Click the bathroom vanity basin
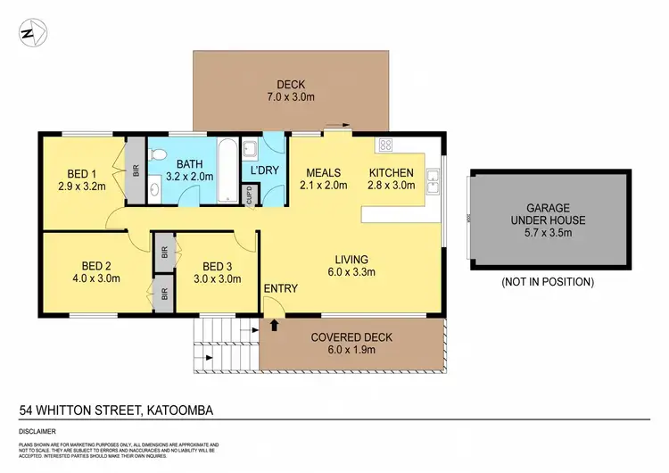153,189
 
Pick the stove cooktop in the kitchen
386,145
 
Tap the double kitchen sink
432,180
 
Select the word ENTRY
280,288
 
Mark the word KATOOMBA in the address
182,411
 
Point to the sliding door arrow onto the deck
336,126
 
